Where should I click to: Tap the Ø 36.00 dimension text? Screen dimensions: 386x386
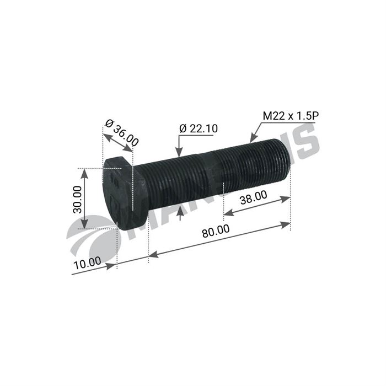(122, 133)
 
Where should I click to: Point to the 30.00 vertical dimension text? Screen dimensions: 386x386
(77, 199)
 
